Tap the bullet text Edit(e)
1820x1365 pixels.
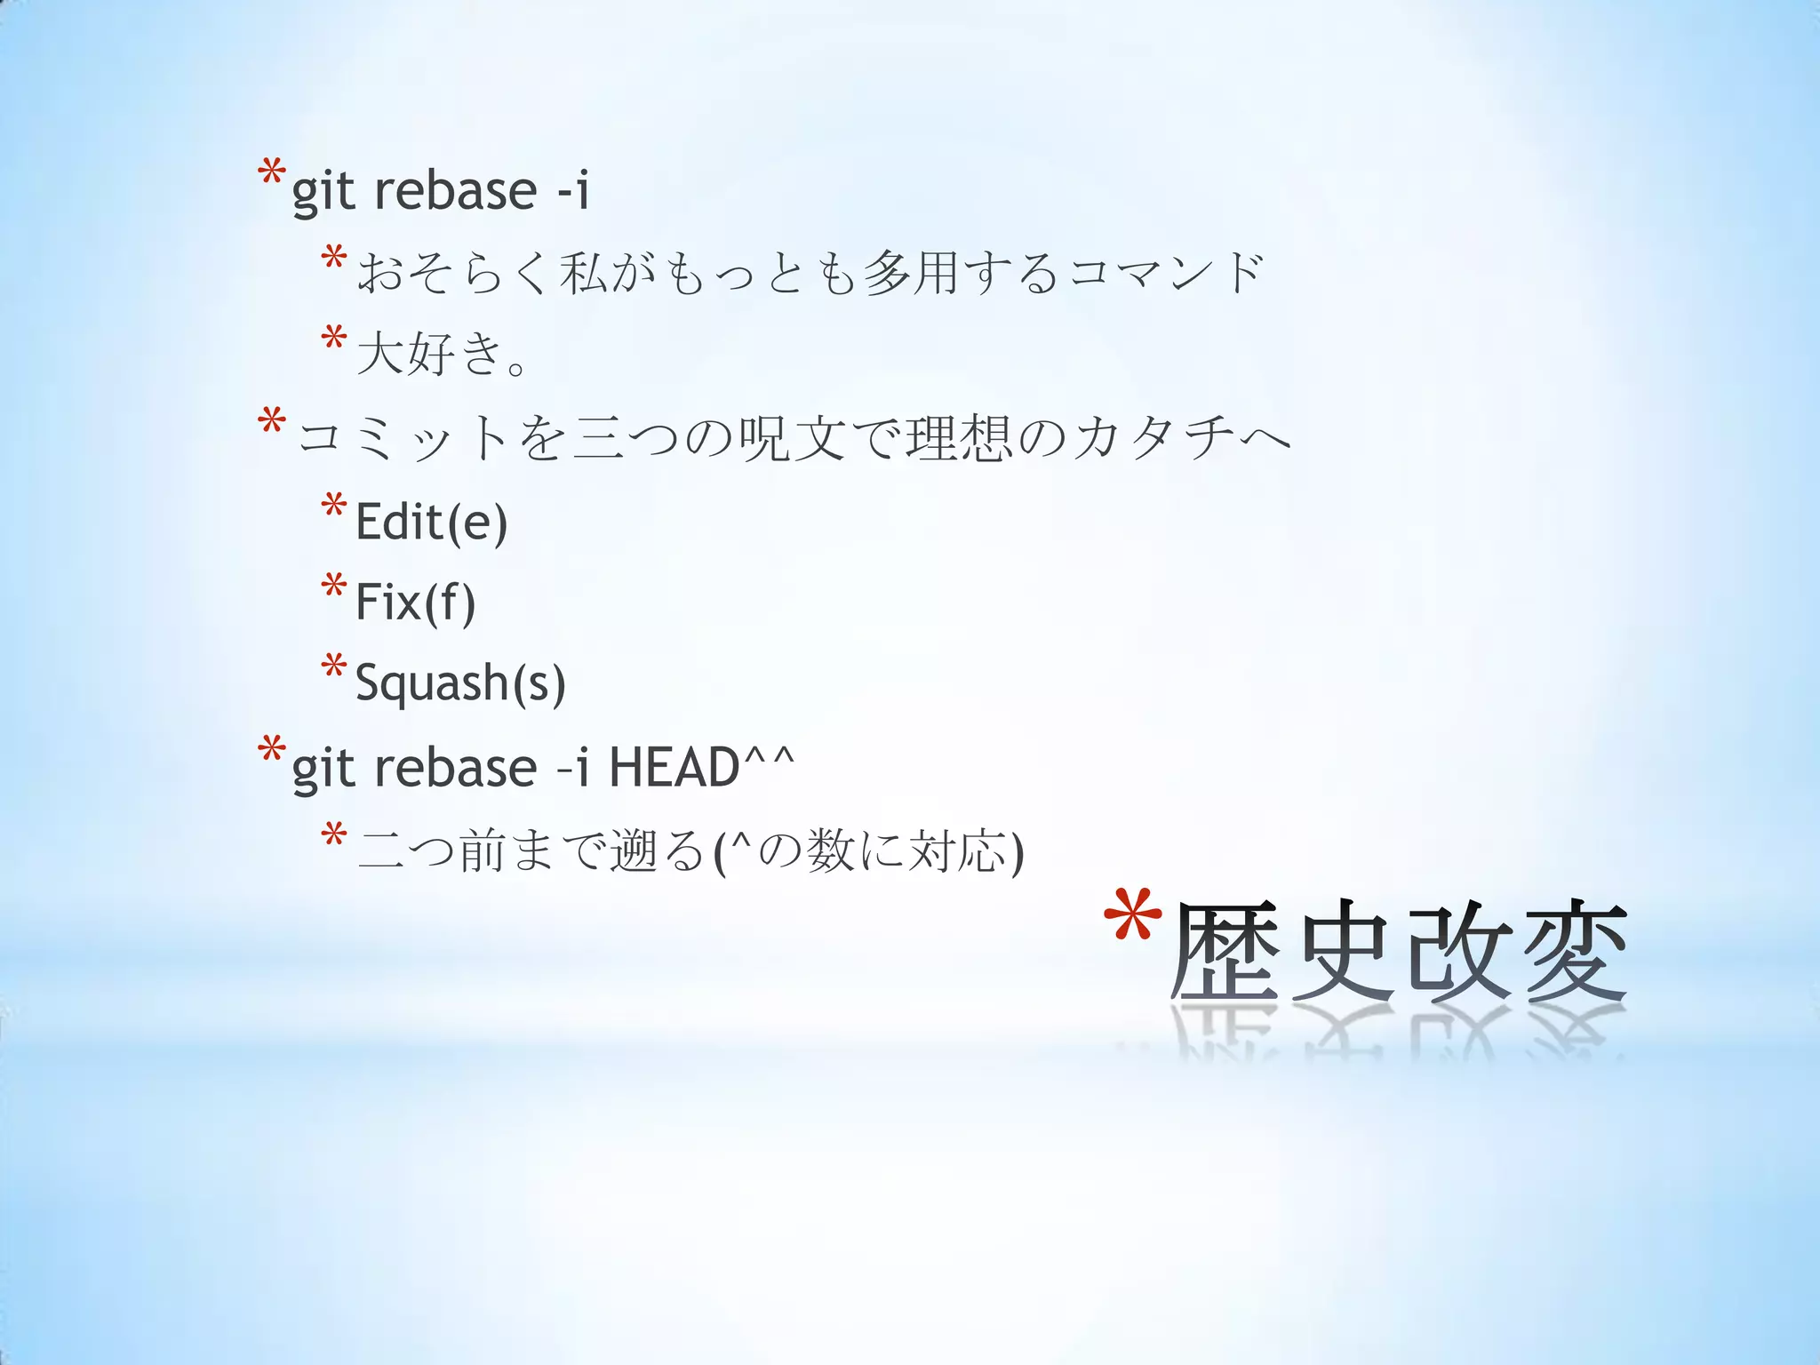coord(431,522)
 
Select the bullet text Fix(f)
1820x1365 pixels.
coord(415,603)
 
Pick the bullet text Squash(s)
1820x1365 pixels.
coord(460,683)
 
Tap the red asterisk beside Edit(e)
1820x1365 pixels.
coord(334,507)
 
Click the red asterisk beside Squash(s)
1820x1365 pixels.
coord(334,668)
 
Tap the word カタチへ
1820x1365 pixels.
coord(1182,437)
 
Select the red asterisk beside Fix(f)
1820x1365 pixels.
coord(334,587)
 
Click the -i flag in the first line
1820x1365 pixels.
coord(572,190)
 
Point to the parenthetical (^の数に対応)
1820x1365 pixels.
coord(868,851)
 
